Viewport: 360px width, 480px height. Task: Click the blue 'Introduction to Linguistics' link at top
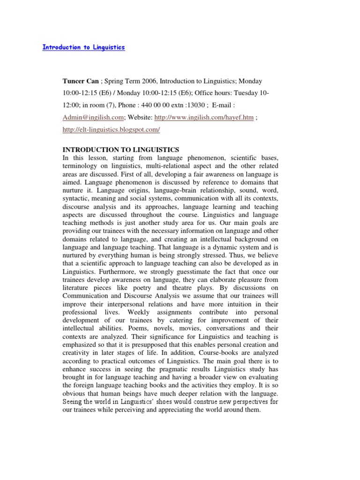point(84,48)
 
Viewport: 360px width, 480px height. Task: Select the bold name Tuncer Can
point(80,81)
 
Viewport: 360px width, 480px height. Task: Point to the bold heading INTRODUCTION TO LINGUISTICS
point(121,150)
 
